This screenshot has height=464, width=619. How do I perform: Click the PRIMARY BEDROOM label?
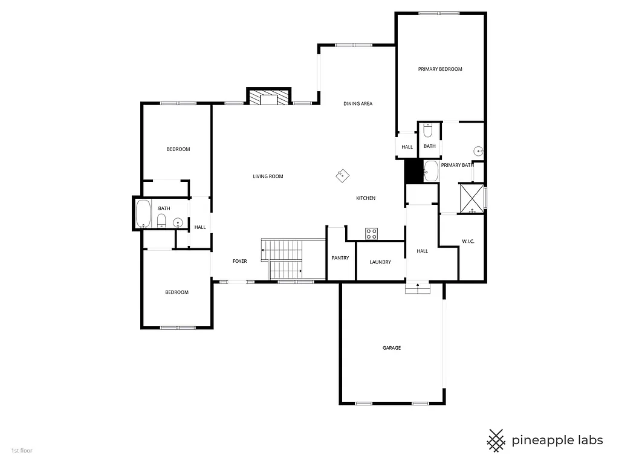click(440, 69)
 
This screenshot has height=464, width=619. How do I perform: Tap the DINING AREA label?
click(358, 104)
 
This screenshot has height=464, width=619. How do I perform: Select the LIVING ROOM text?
click(268, 176)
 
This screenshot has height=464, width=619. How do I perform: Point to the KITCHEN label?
click(366, 198)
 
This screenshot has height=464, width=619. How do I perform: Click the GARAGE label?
click(392, 348)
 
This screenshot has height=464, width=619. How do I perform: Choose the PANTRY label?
click(340, 258)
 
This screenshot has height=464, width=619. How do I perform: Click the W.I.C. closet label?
click(468, 242)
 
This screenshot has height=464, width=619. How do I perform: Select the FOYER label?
click(240, 261)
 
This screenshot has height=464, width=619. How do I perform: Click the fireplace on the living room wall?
click(269, 98)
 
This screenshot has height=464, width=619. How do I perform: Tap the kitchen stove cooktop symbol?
click(371, 234)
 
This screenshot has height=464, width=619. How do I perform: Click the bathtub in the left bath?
click(143, 214)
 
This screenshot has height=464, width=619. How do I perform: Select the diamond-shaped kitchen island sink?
click(342, 175)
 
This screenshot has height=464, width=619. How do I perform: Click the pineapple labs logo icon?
click(496, 440)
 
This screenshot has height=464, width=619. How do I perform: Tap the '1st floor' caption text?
click(22, 450)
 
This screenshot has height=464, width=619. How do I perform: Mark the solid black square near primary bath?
click(413, 170)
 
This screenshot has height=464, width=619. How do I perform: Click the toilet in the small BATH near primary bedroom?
click(428, 130)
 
